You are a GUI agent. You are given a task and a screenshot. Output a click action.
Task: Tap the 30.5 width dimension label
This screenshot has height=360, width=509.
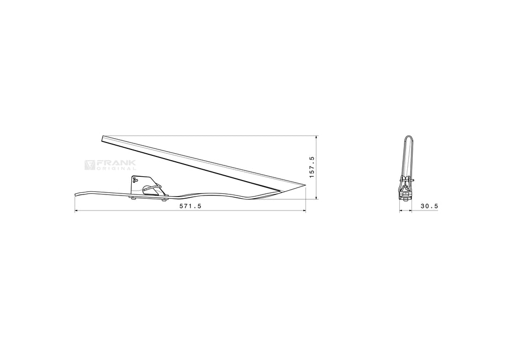pos(430,206)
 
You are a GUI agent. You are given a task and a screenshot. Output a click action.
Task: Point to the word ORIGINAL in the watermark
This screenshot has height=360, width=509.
pos(116,168)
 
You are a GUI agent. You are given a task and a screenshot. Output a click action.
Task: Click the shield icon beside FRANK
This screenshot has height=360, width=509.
pos(90,165)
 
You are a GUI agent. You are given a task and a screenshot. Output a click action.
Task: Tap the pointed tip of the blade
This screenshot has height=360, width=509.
pos(304,185)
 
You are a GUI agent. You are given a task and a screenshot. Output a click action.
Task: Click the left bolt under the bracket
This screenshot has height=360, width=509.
pos(133,198)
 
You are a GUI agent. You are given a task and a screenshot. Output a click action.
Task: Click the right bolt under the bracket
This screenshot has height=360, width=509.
pos(163,201)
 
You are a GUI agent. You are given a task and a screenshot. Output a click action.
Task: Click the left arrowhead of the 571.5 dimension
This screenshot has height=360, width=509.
pos(76,211)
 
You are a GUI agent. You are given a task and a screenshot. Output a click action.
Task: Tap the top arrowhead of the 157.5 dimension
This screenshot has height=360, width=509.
pos(317,138)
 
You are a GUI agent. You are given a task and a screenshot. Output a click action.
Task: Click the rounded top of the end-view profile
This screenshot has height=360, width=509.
pos(408,138)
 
